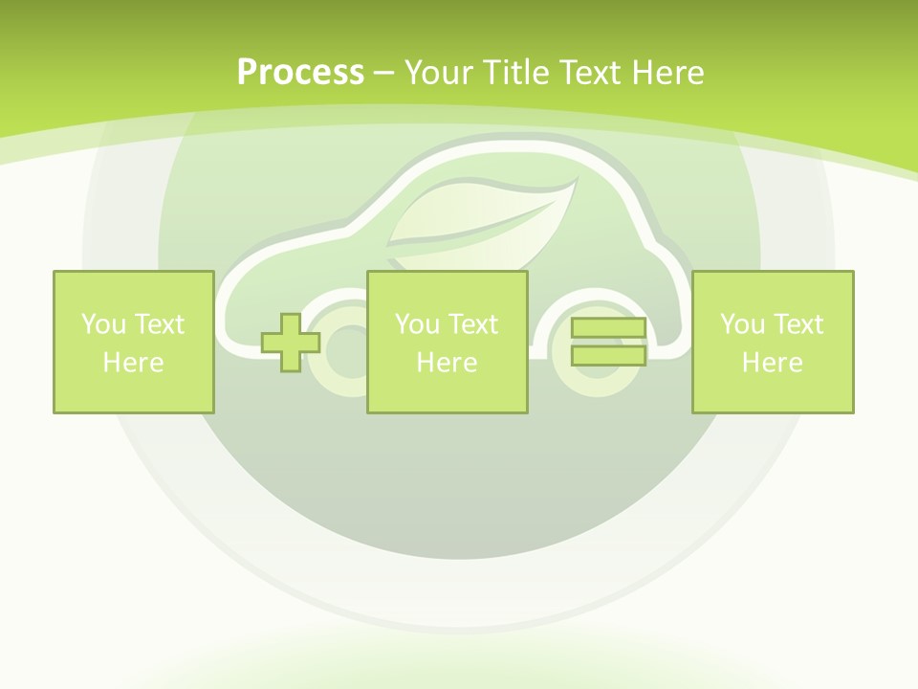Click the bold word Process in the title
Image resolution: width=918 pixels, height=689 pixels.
[x=300, y=73]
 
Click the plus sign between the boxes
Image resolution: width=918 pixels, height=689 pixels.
[x=291, y=342]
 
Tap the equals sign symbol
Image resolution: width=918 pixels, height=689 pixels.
[x=608, y=342]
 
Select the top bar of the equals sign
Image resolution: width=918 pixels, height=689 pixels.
[x=608, y=329]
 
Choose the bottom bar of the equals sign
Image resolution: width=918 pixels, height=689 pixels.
[x=608, y=355]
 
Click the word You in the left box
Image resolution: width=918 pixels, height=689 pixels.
[x=102, y=324]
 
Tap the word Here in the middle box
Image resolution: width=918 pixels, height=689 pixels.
[x=447, y=363]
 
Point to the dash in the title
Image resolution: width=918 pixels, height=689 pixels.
[x=383, y=73]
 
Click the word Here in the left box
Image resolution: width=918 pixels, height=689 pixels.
[x=133, y=363]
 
